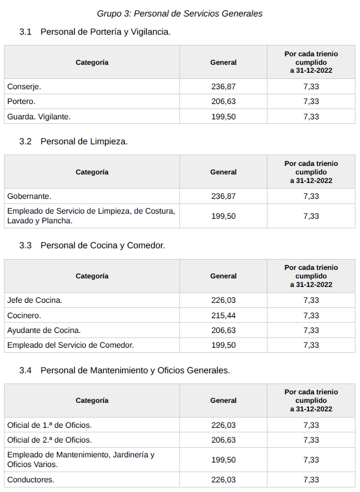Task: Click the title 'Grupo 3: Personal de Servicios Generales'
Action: pos(179,13)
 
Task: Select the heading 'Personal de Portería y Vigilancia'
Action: pos(106,32)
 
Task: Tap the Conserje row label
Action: pos(24,86)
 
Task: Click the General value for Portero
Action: pos(223,101)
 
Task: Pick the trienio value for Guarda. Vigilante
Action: pos(311,116)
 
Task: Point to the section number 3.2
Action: pos(25,141)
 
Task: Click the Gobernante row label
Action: pos(30,196)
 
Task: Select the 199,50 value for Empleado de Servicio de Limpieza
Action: pos(223,216)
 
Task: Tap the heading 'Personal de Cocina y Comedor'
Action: pos(103,245)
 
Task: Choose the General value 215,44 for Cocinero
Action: pos(223,315)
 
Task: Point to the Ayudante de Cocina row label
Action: pos(44,330)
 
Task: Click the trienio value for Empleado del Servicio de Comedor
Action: pos(311,345)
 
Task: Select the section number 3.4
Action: pos(25,370)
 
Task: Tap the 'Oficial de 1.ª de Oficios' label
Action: pos(49,425)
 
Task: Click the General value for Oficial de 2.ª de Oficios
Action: pos(223,440)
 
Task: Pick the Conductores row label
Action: pos(31,480)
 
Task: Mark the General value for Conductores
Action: pos(223,480)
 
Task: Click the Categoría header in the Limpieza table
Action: pos(92,172)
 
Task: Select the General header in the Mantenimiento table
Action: pos(223,401)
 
